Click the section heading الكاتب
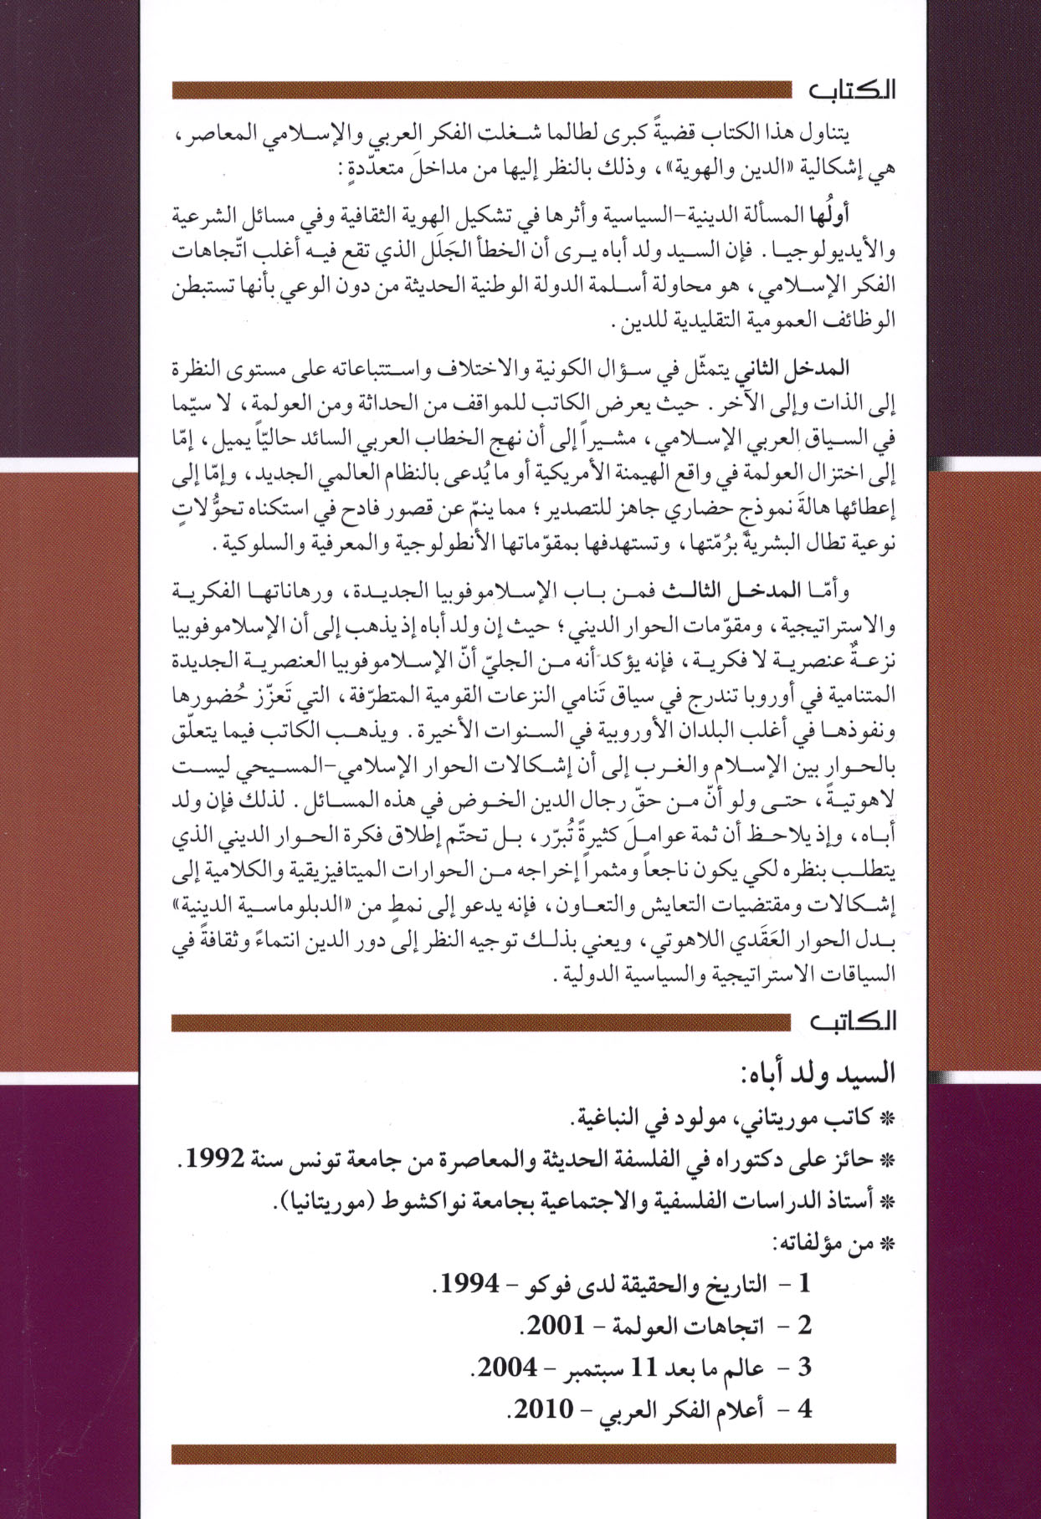852,1022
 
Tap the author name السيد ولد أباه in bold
819,1072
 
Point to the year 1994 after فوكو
469,1283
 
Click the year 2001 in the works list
554,1326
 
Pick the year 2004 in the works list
506,1368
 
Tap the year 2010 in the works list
543,1409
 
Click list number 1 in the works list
804,1284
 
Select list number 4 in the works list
804,1409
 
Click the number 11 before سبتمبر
646,1368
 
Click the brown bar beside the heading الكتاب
481,90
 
